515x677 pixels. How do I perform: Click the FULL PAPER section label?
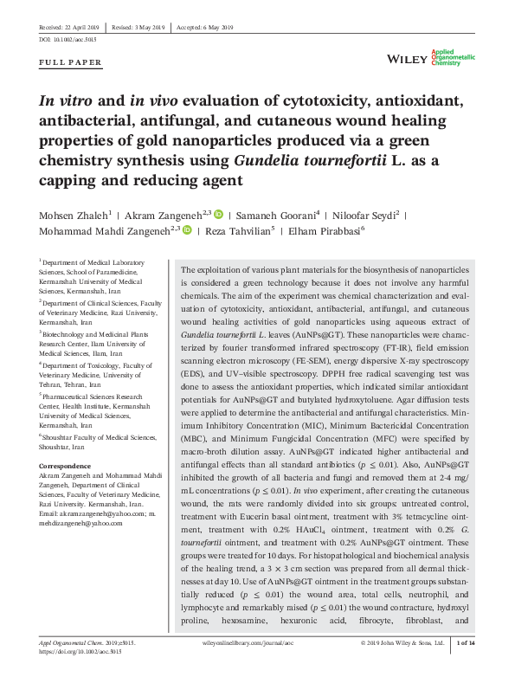click(71, 62)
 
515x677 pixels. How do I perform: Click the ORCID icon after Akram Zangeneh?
click(218, 213)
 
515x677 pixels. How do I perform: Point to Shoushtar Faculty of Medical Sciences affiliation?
click(93, 437)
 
